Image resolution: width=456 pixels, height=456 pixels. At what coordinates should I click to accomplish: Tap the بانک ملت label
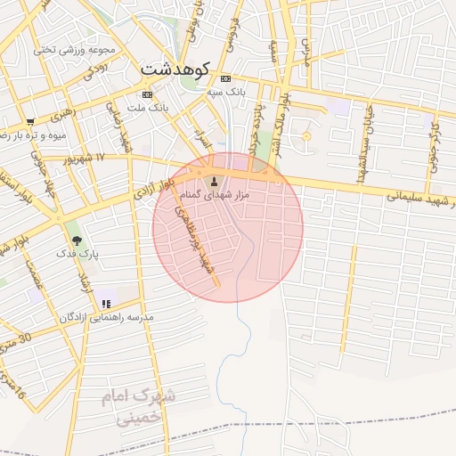pyautogui.click(x=146, y=108)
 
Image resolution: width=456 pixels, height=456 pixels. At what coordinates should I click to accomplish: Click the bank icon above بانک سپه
pyautogui.click(x=224, y=78)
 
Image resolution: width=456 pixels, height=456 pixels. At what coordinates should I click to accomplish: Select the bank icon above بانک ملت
pyautogui.click(x=147, y=94)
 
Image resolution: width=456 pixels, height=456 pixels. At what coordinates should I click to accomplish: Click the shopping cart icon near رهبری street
pyautogui.click(x=31, y=121)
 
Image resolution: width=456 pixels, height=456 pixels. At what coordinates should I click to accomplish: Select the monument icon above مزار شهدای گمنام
pyautogui.click(x=214, y=181)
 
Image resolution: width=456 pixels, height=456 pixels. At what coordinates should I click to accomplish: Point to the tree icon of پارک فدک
pyautogui.click(x=77, y=240)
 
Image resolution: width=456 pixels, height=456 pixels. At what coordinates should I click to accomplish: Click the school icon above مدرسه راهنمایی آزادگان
pyautogui.click(x=107, y=304)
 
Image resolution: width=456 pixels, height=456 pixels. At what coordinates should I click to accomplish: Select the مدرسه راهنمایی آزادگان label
pyautogui.click(x=107, y=317)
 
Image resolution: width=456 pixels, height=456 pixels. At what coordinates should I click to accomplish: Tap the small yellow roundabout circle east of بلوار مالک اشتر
pyautogui.click(x=307, y=135)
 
